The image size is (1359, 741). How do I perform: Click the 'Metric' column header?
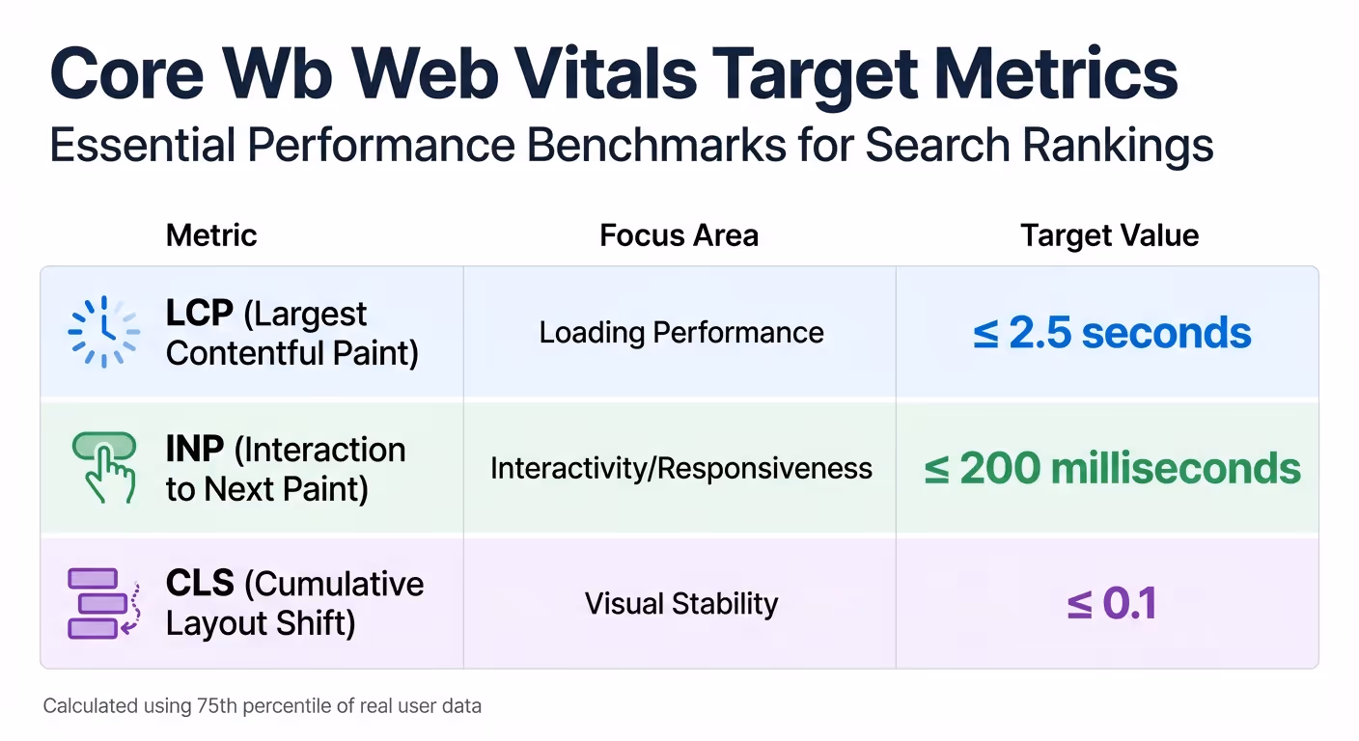click(x=211, y=235)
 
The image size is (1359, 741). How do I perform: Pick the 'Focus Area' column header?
click(x=679, y=235)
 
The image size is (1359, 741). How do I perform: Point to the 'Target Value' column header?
click(x=1109, y=235)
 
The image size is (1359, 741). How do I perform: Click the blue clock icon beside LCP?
click(x=103, y=332)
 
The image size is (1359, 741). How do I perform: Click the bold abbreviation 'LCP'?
click(x=200, y=314)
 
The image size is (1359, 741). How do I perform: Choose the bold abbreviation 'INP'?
click(x=195, y=450)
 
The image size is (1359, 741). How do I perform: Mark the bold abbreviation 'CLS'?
click(x=200, y=585)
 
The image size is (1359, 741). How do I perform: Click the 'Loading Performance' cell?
click(x=680, y=333)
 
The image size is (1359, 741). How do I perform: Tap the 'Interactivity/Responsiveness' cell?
click(x=680, y=469)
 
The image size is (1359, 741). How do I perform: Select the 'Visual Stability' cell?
click(x=680, y=604)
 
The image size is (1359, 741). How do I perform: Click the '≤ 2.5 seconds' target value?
click(x=1111, y=333)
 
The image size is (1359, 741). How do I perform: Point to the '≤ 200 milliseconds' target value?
click(x=1112, y=469)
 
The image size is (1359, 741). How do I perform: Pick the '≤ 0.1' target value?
click(x=1111, y=604)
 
